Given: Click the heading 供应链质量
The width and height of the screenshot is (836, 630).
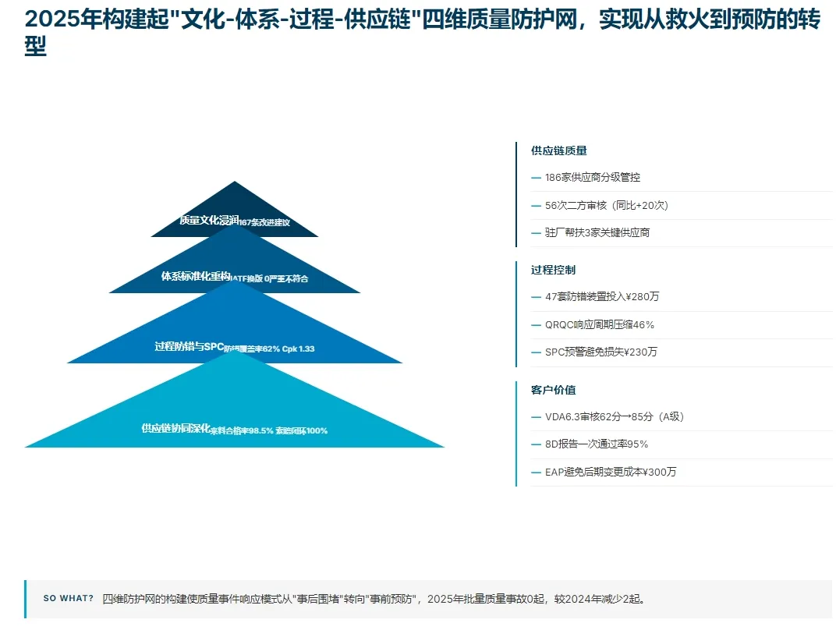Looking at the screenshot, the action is (x=558, y=150).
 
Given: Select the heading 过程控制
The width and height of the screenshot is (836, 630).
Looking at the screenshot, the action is (x=553, y=270).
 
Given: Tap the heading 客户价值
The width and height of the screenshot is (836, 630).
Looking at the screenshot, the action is (x=553, y=390).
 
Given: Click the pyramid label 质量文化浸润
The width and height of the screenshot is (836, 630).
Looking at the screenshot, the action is (x=209, y=220).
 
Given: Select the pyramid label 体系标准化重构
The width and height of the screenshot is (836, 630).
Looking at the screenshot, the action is (x=196, y=276).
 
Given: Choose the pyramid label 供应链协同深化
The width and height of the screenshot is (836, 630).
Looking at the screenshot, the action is (x=175, y=428).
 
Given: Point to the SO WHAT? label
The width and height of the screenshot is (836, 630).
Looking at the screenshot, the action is (x=68, y=599).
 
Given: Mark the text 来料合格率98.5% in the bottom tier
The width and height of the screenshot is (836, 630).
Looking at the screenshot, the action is (x=241, y=430).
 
